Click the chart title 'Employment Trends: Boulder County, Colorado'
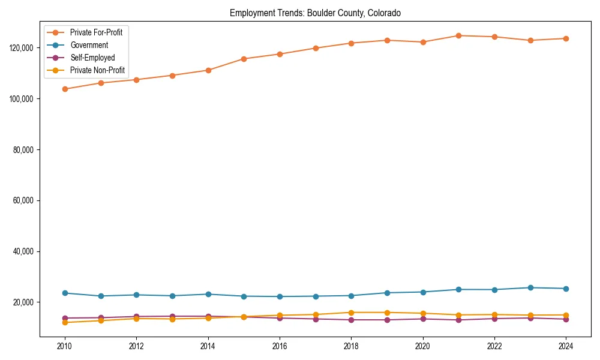315,13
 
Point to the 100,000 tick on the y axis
22,98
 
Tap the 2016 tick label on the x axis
280,346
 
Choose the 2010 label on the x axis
65,346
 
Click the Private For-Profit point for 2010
65,89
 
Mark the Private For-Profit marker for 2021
458,35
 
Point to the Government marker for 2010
65,293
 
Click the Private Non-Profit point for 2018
351,313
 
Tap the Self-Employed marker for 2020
423,319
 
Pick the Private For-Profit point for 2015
244,59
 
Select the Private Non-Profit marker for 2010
65,322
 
